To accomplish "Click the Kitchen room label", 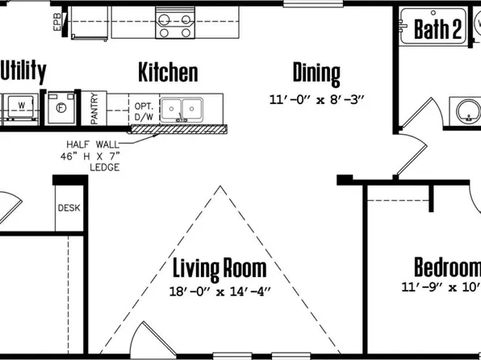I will point(168,73).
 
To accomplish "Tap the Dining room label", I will point(316,73).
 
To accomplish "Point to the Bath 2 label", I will point(438,31).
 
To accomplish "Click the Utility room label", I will point(23,72).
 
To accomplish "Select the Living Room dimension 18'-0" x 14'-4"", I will point(220,291).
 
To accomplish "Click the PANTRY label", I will point(94,108).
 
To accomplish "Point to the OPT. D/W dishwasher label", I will point(144,111).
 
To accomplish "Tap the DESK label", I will point(69,207).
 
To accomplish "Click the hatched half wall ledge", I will point(181,128).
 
